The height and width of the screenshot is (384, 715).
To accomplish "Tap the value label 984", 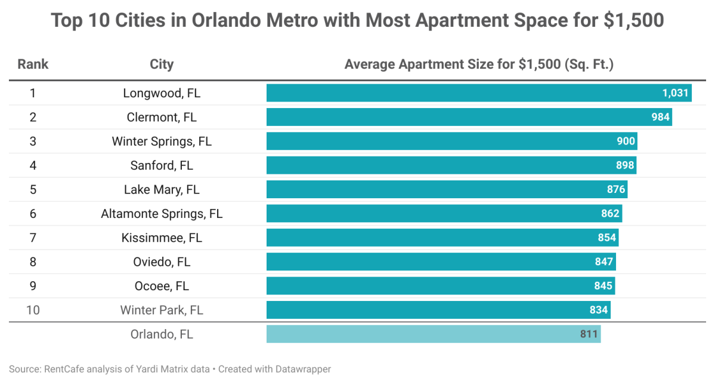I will [x=660, y=117].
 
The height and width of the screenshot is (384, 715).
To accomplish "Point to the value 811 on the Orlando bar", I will [x=589, y=334].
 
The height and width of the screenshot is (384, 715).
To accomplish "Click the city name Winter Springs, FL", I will [x=162, y=142].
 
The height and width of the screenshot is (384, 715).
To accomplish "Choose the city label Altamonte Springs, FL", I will [x=162, y=214].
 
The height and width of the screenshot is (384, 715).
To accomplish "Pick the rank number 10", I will [x=33, y=310].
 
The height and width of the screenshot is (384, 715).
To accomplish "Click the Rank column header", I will [x=33, y=64].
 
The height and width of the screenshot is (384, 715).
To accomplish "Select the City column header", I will [x=162, y=64].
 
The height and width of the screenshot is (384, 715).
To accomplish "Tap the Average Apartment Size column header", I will [x=479, y=64].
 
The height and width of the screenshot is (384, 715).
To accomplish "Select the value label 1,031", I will [x=675, y=93].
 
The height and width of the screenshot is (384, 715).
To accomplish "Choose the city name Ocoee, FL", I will [x=162, y=286].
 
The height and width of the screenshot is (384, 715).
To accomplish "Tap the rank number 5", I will [x=33, y=189].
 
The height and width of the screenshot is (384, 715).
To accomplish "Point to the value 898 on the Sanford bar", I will [x=624, y=165].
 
